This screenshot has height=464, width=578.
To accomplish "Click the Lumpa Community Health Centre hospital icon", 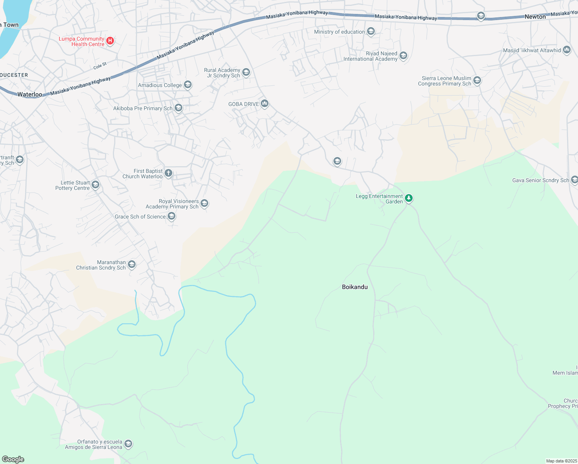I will [x=110, y=41].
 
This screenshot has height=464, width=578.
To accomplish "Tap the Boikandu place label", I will [x=355, y=287].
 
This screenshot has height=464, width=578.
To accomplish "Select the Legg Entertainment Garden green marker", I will [x=409, y=198].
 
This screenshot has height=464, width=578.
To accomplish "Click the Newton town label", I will [x=535, y=17].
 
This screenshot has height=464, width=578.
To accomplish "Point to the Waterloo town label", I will [x=30, y=94].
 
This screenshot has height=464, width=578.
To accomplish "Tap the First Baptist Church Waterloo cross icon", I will [x=168, y=173].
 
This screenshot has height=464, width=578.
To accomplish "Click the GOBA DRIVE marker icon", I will [x=265, y=103].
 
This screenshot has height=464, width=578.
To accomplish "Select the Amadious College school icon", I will [x=188, y=85].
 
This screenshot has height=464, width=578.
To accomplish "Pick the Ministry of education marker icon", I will [x=371, y=31].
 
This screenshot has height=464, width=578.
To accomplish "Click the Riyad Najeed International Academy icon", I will [x=403, y=56].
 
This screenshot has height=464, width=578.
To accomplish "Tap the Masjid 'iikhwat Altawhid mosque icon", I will [x=567, y=50].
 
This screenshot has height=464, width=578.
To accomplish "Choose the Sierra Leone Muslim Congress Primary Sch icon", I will [x=477, y=80].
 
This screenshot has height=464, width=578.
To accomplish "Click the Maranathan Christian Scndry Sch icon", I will [x=132, y=264].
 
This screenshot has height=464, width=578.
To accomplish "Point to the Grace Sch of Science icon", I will [x=172, y=216].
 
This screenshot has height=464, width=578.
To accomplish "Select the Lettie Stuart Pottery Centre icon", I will [x=95, y=185].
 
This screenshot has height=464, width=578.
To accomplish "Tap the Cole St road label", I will [x=100, y=66].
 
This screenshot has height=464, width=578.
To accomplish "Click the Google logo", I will [x=13, y=459].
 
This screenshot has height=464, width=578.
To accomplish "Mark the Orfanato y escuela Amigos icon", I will [x=128, y=444].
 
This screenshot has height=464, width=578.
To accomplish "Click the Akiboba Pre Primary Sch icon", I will [x=178, y=108].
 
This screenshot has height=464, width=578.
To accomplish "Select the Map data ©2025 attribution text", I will [x=561, y=461].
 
